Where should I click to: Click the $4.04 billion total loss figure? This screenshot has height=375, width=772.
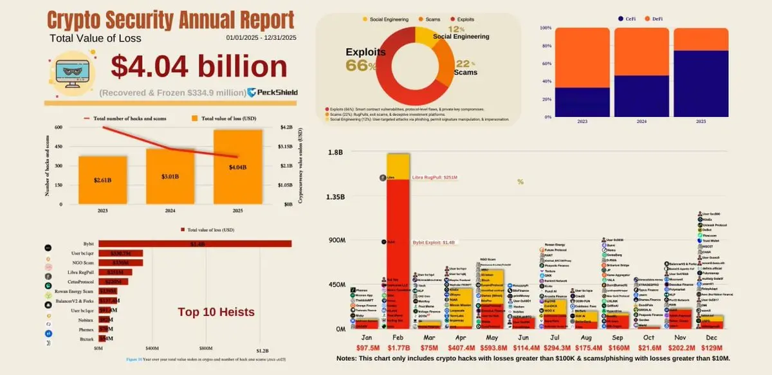[x=199, y=67]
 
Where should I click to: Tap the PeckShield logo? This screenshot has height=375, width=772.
[x=273, y=93]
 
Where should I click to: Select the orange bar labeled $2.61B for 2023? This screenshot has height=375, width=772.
[x=103, y=181]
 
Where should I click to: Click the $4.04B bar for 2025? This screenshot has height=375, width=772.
[x=238, y=167]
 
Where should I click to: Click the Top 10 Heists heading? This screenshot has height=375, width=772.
[x=216, y=313]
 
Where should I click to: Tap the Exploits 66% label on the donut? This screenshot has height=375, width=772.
[x=365, y=59]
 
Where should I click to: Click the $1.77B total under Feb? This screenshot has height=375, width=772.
[x=398, y=347]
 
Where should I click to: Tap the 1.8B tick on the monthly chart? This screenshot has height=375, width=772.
[x=336, y=152]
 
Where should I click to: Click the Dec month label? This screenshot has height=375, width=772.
[x=711, y=336]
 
